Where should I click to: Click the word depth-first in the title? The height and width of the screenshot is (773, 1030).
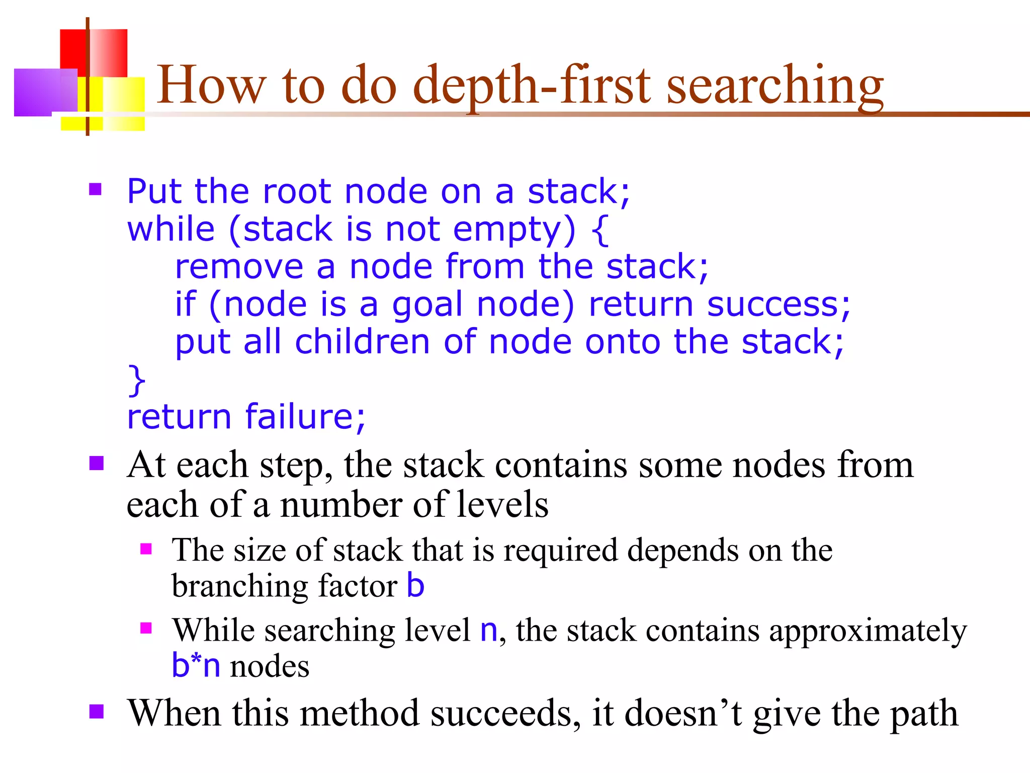click(x=533, y=86)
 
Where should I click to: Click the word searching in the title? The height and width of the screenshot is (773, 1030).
click(x=775, y=86)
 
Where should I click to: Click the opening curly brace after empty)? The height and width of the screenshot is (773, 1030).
click(x=599, y=229)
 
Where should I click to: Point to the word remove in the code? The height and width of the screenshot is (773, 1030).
click(x=239, y=267)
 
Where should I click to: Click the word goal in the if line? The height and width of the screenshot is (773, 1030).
click(x=426, y=305)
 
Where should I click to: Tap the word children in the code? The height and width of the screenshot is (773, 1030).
click(x=362, y=342)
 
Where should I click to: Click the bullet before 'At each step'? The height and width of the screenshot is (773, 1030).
click(x=96, y=463)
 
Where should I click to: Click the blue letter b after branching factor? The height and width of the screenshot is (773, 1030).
click(x=415, y=585)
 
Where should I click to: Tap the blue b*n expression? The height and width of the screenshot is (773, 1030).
click(x=196, y=665)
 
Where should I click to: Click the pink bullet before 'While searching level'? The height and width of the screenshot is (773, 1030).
click(x=146, y=628)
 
